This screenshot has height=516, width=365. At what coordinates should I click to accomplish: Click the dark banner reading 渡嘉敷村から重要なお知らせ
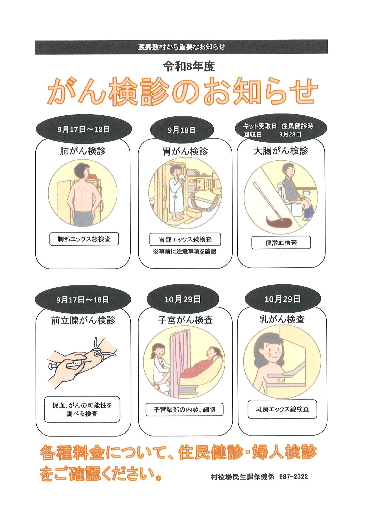[x=181, y=47]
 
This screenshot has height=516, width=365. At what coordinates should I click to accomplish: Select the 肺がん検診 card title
[x=83, y=151]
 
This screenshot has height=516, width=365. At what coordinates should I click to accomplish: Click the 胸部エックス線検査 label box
[x=84, y=239]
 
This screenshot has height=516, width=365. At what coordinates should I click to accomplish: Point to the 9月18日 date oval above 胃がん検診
[x=182, y=130]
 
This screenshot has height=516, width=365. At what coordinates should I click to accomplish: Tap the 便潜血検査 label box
[x=281, y=243]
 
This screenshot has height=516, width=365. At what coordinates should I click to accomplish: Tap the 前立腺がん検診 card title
[x=83, y=320]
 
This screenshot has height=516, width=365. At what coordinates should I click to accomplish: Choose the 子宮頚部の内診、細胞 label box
[x=184, y=410]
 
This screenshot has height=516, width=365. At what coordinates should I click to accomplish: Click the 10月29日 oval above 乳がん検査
[x=283, y=299]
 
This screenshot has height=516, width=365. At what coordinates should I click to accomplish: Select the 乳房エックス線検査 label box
[x=282, y=409]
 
